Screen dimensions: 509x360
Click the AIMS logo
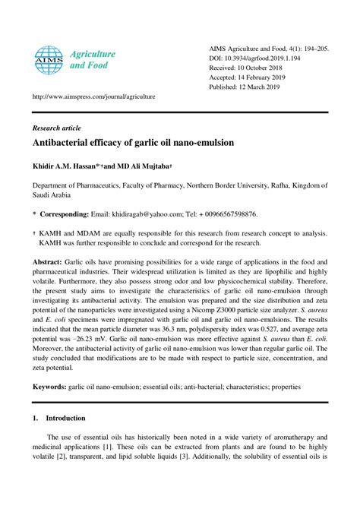[x=47, y=58]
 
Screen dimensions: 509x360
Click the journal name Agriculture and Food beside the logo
[x=93, y=60]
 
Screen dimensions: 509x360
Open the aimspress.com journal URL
[x=93, y=97]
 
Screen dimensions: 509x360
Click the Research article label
[x=56, y=128]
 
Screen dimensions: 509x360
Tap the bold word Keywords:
[x=49, y=387]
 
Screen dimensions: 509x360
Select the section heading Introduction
[x=65, y=418]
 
